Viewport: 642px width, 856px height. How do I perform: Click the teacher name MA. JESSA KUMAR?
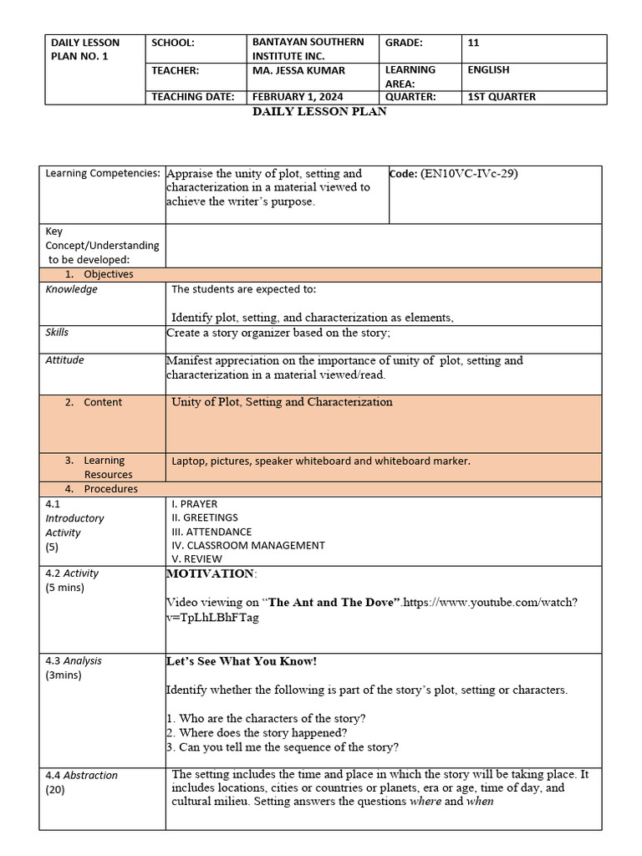click(298, 70)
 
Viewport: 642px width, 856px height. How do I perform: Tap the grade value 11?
click(474, 43)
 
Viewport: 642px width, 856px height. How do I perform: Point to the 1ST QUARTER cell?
click(502, 97)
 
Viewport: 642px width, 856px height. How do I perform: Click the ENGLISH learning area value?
click(488, 70)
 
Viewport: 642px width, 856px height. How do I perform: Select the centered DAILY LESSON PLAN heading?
click(319, 111)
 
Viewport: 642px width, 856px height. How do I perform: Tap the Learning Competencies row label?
click(103, 173)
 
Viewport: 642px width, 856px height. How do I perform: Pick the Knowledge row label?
click(71, 289)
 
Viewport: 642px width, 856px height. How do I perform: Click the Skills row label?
click(57, 333)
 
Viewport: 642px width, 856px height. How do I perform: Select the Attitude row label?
click(64, 360)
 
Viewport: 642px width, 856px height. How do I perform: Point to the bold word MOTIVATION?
click(210, 573)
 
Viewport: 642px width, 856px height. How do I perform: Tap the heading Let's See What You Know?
click(242, 661)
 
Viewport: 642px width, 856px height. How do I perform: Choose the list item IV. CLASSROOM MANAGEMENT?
click(247, 545)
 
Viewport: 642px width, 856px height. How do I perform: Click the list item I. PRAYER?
click(194, 504)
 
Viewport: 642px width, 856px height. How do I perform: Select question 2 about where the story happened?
click(257, 733)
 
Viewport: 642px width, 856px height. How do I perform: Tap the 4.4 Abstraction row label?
click(81, 775)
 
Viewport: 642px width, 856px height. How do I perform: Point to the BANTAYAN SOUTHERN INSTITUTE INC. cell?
click(308, 49)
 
